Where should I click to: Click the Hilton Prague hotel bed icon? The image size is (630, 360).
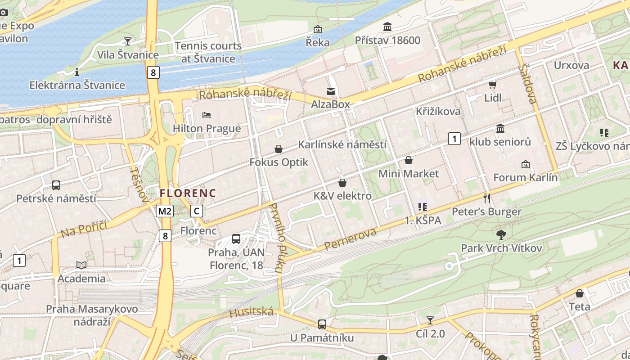(x=207, y=115)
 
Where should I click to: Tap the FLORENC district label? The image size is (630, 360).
(x=188, y=193)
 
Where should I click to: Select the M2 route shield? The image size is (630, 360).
(x=165, y=211)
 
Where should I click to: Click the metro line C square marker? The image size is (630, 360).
(x=196, y=211)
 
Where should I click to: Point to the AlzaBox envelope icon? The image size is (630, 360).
(x=331, y=91)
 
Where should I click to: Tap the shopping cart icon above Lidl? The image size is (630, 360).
(x=492, y=85)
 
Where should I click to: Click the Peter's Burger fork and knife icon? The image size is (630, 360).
(x=486, y=198)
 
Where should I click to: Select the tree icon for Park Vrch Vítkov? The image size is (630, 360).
(x=501, y=234)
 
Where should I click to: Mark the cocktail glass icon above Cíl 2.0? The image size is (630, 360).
(x=430, y=320)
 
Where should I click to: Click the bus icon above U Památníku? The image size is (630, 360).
(x=322, y=324)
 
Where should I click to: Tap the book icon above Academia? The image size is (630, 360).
(x=81, y=265)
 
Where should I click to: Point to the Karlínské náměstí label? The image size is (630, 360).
(x=342, y=144)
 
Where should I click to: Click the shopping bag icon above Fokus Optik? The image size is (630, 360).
(x=279, y=149)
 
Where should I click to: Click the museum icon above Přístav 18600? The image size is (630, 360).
(x=387, y=27)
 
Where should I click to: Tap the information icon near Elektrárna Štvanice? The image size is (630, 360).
(x=77, y=72)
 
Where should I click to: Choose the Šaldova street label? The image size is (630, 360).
(x=528, y=84)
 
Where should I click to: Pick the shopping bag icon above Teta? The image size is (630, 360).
(x=580, y=293)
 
